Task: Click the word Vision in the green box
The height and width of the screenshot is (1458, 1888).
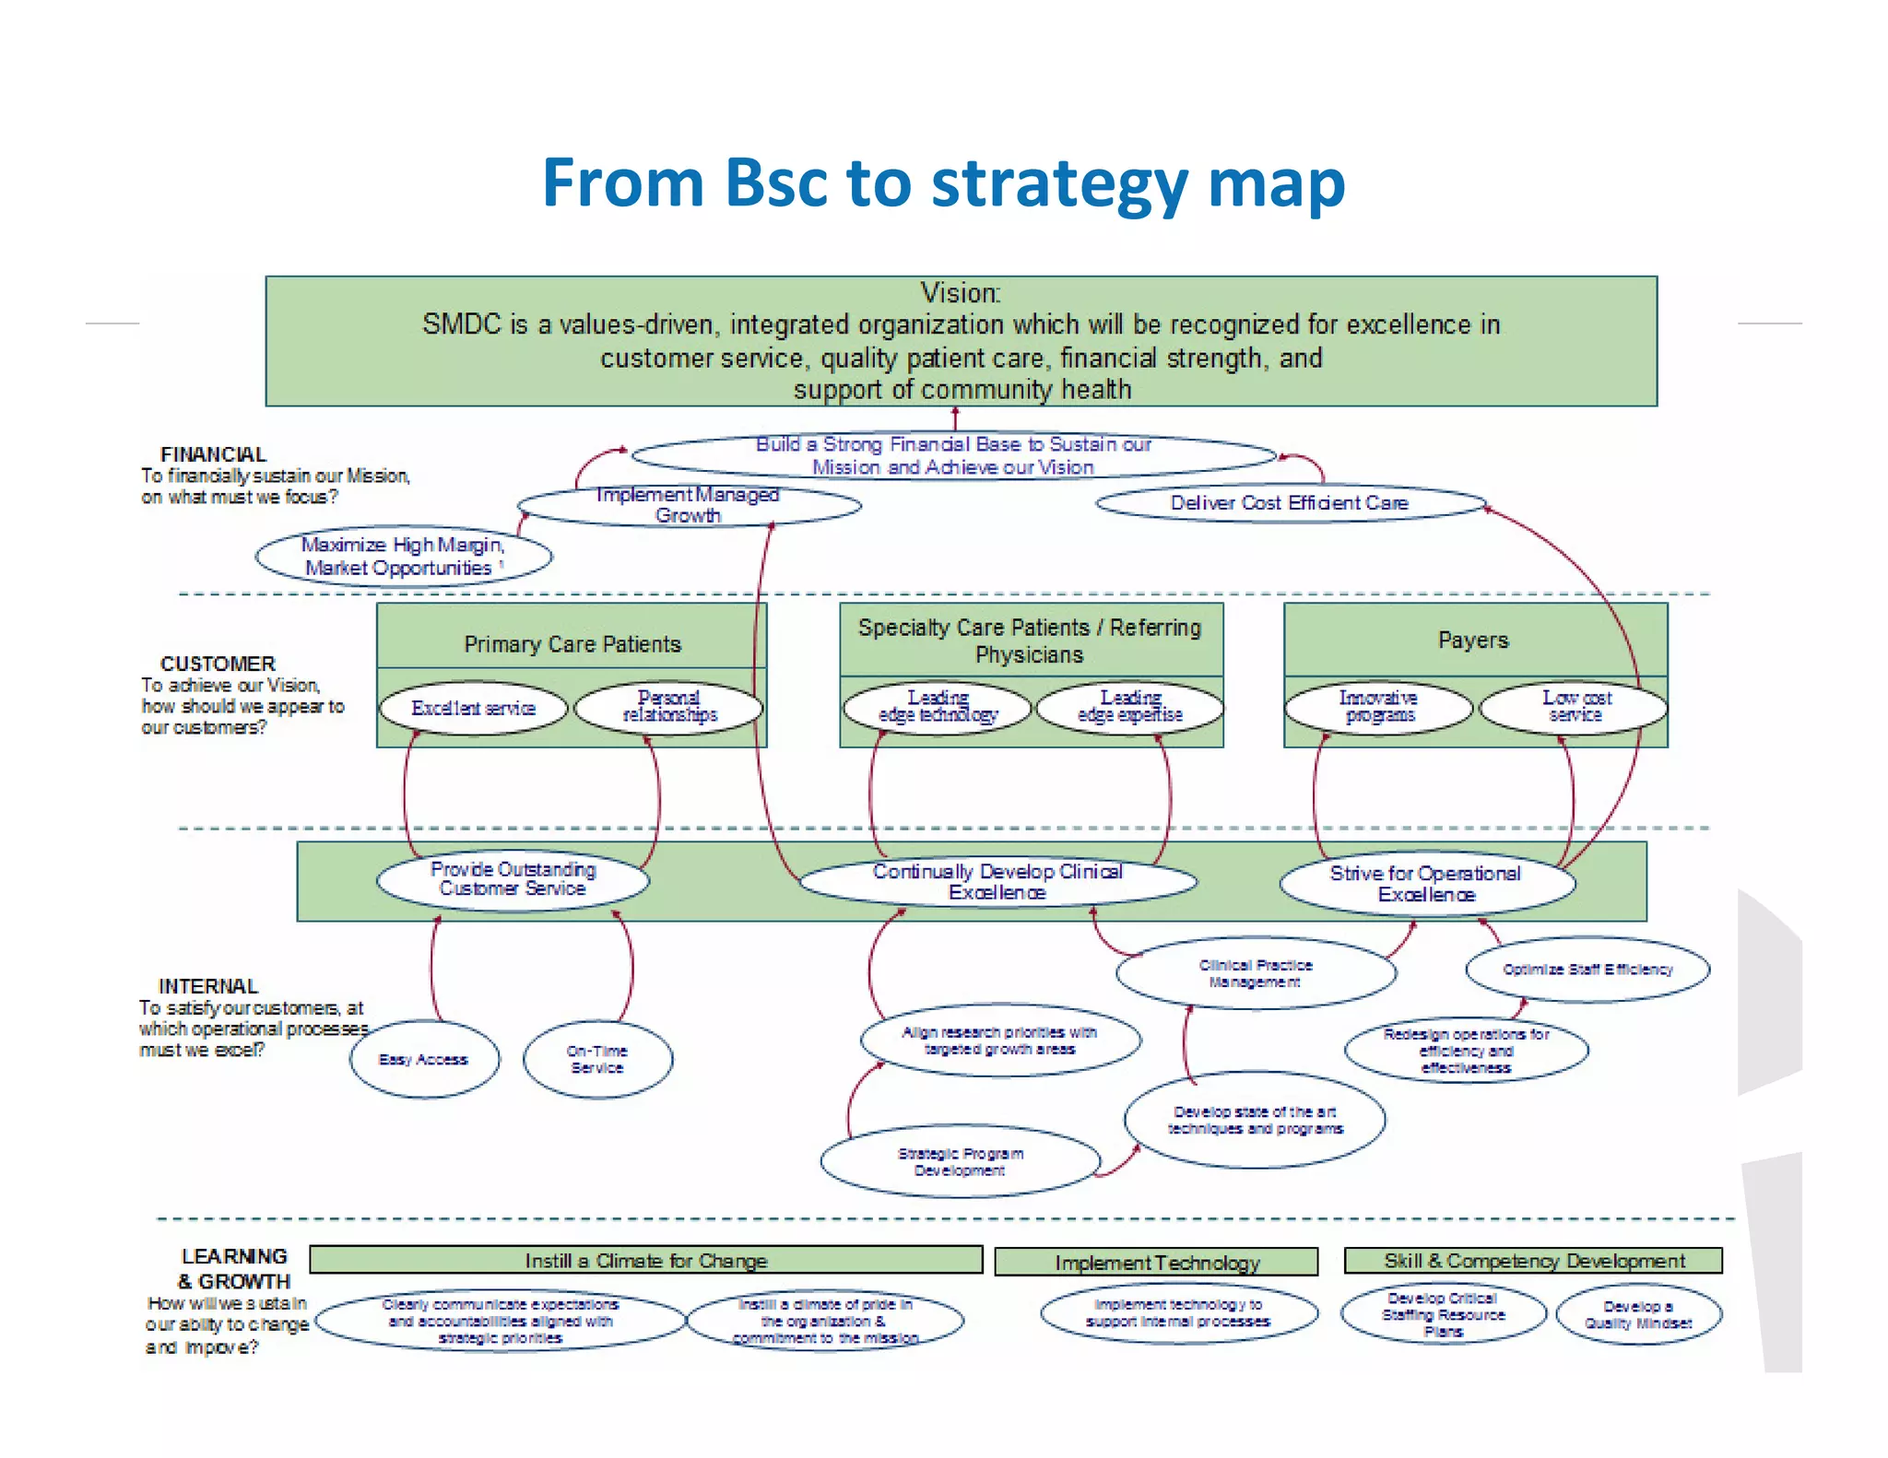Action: (x=960, y=293)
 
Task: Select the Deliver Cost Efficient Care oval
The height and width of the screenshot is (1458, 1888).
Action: (x=1290, y=503)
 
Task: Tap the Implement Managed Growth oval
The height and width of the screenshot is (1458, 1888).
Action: (x=688, y=505)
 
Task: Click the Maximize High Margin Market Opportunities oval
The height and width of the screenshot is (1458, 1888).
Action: (x=404, y=557)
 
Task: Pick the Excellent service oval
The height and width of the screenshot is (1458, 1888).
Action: (x=473, y=708)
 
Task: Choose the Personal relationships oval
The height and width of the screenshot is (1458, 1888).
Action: (x=669, y=707)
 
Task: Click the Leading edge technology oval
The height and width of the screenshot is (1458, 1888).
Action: (x=938, y=707)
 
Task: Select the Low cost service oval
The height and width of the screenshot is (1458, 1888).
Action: (x=1575, y=707)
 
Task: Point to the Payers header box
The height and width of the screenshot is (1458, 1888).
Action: (x=1474, y=641)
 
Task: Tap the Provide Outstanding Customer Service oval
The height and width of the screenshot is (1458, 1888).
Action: (x=513, y=879)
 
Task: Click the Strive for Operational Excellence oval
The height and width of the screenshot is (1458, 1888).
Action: (x=1426, y=884)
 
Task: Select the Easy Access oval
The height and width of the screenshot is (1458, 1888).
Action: (x=424, y=1060)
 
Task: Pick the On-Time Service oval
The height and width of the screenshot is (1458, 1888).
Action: (x=597, y=1060)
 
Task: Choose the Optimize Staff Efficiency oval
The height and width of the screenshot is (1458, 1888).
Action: (x=1587, y=970)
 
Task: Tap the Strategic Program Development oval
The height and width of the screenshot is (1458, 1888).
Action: (x=960, y=1162)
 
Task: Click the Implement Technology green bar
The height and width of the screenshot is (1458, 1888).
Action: (x=1156, y=1263)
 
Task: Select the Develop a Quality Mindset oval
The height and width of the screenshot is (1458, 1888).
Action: (x=1638, y=1315)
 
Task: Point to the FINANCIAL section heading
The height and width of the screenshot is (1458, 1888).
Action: (x=213, y=454)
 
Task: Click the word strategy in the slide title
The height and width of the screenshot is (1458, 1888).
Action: (x=1060, y=183)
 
